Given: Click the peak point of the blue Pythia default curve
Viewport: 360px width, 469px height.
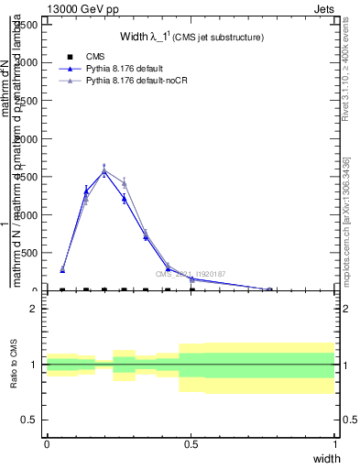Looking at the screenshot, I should click(x=104, y=171).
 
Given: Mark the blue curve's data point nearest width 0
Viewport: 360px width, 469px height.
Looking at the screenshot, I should click(x=62, y=270).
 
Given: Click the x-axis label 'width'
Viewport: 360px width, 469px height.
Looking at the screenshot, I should click(x=326, y=457).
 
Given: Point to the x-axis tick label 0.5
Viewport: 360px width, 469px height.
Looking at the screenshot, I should click(x=191, y=444).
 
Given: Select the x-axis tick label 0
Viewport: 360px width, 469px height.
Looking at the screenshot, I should click(x=47, y=444).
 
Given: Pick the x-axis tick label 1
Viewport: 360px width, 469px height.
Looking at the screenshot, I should click(x=335, y=444).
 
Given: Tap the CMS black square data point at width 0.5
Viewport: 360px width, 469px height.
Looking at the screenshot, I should click(x=191, y=289).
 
